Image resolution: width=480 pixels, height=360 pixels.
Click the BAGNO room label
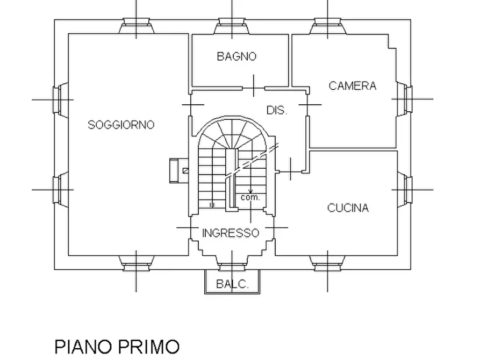pos(237,56)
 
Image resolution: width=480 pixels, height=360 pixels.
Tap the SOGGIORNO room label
pos(121,125)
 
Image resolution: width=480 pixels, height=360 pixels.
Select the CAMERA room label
pos(353,85)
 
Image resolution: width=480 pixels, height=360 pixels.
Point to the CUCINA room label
pos(348,208)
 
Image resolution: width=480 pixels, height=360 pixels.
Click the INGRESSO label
pos(230,233)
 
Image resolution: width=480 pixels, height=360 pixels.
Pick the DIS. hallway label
pos(277,110)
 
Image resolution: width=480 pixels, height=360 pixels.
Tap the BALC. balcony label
pos(232,285)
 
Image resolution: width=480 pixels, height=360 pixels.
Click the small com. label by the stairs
pos(250,197)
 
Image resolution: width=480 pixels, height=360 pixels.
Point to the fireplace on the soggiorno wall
pos(178,170)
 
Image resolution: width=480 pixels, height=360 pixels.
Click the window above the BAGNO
pos(232,26)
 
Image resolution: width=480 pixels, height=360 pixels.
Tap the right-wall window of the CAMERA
pos(404,99)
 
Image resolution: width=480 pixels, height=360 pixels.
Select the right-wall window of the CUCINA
pos(404,190)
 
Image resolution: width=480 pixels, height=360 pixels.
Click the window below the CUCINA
pos(327,263)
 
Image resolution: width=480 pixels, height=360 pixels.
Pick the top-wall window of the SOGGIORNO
pos(136,26)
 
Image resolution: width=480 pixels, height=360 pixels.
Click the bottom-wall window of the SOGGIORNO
pos(136,263)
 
